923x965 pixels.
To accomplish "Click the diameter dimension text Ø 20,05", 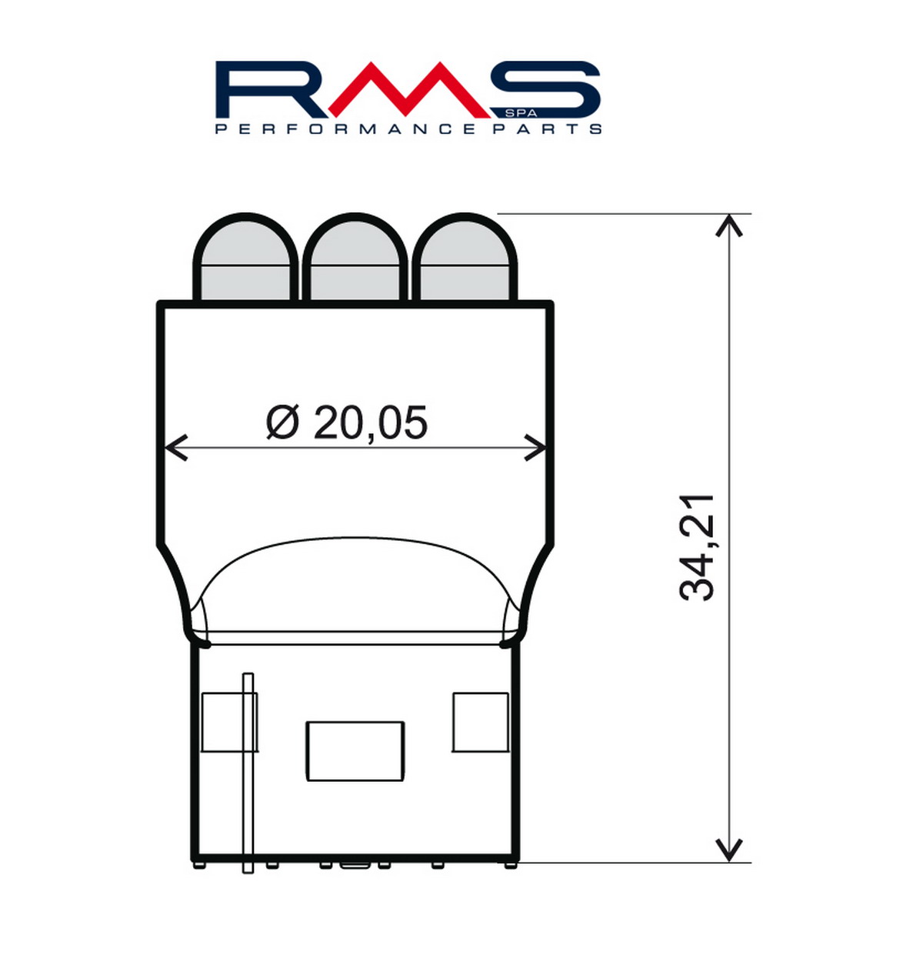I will pyautogui.click(x=347, y=422).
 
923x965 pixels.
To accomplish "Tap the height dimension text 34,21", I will pyautogui.click(x=698, y=547).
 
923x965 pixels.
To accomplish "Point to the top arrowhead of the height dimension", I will pyautogui.click(x=728, y=225).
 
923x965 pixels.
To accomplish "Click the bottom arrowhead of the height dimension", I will pyautogui.click(x=728, y=850).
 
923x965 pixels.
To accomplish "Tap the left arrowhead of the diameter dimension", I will pyautogui.click(x=175, y=447).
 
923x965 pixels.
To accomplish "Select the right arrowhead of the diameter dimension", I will pyautogui.click(x=536, y=447).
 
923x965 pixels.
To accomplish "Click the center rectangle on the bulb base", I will pyautogui.click(x=355, y=751).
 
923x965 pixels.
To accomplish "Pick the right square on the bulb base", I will pyautogui.click(x=480, y=722).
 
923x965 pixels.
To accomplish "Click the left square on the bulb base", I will pyautogui.click(x=228, y=722).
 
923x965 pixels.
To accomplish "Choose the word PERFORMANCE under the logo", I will pyautogui.click(x=345, y=129).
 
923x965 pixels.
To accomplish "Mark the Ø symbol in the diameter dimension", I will pyautogui.click(x=282, y=422).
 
